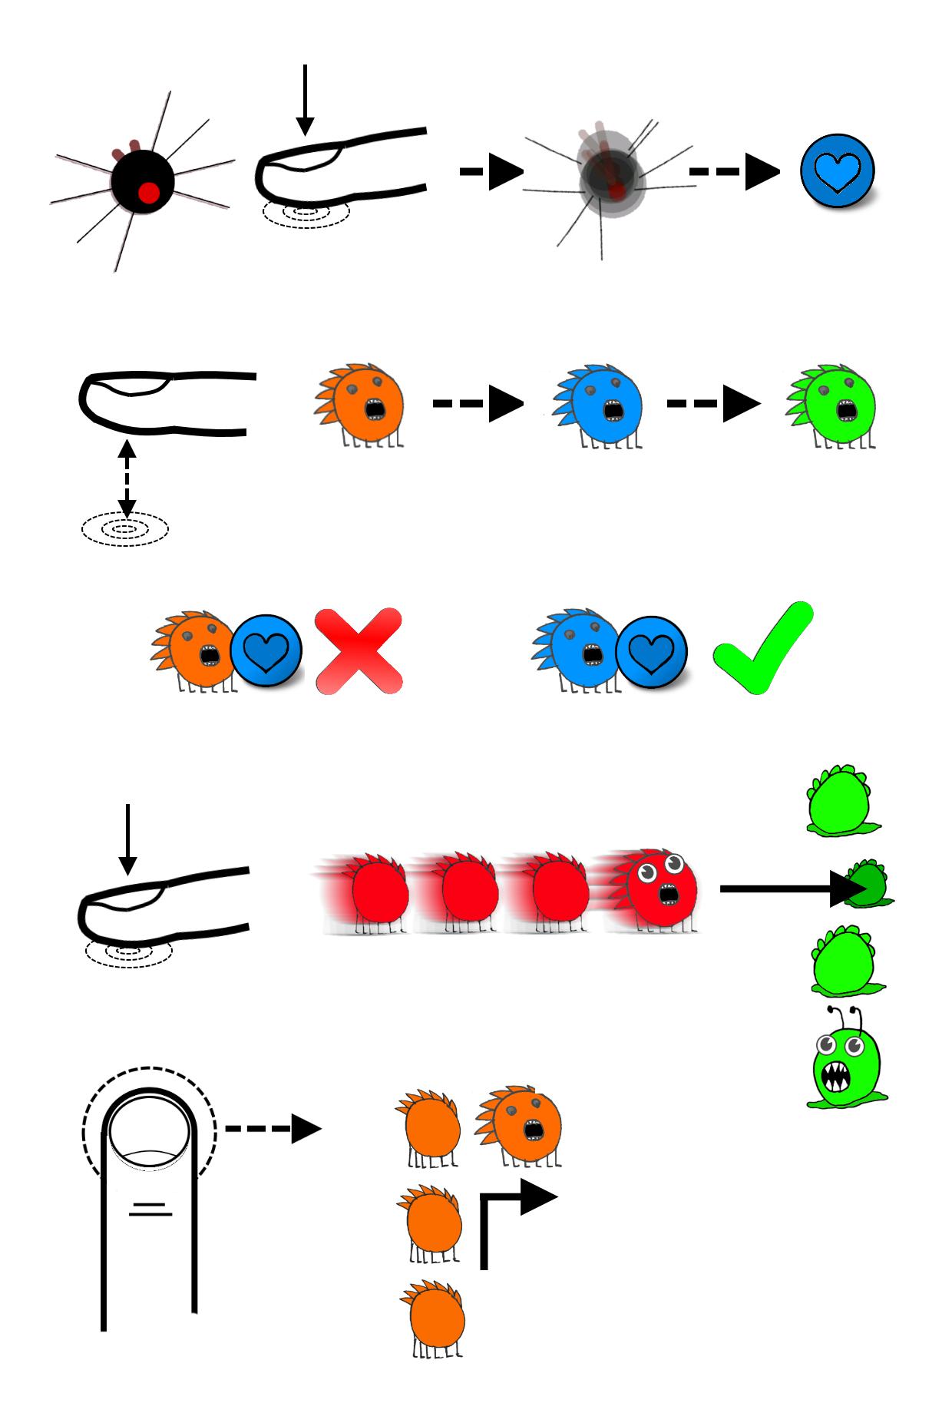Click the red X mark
click(359, 651)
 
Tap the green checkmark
click(762, 649)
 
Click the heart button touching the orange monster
click(266, 651)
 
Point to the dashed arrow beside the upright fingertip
click(273, 1129)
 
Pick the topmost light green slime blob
click(840, 800)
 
